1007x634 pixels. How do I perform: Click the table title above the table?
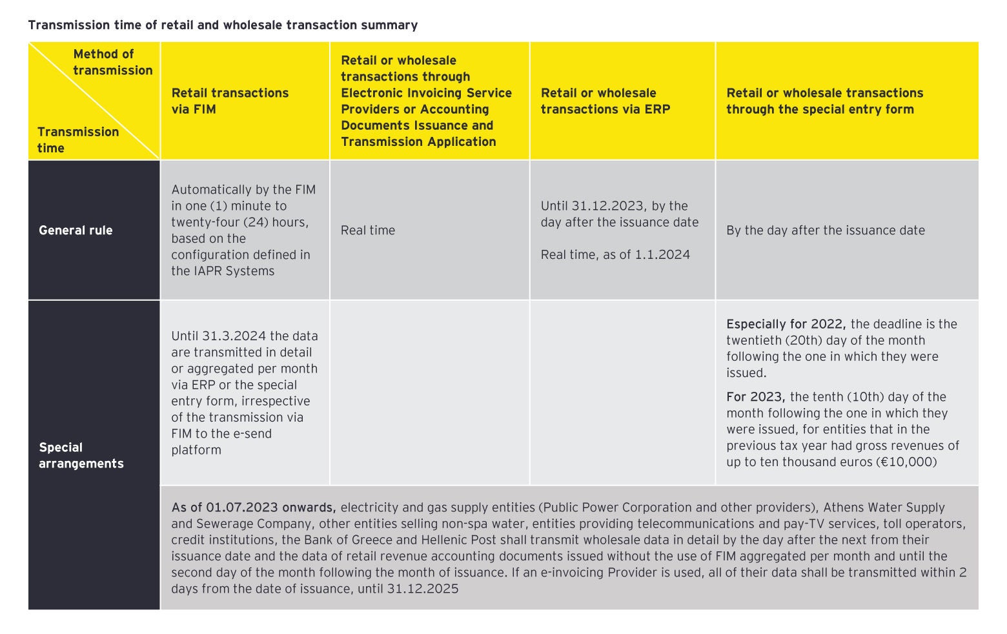pos(223,25)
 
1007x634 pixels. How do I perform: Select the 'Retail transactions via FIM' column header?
pos(230,101)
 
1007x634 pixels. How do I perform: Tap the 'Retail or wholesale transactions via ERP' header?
pos(605,101)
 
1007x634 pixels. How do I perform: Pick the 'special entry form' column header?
pos(824,101)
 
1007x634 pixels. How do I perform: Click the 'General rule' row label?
pos(76,230)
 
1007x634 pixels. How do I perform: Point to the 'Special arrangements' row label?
pos(81,455)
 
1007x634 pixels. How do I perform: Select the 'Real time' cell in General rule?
pos(368,230)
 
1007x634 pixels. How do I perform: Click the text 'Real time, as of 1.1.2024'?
pos(615,254)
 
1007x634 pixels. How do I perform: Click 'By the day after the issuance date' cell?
pos(825,230)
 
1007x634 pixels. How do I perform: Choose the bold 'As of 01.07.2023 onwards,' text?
pos(253,507)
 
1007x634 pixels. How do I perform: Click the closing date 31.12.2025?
pos(423,589)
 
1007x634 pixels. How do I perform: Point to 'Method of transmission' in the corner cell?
pos(112,62)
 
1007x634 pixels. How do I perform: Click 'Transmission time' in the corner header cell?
pos(77,139)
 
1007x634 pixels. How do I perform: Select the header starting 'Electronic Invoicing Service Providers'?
pos(426,101)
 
